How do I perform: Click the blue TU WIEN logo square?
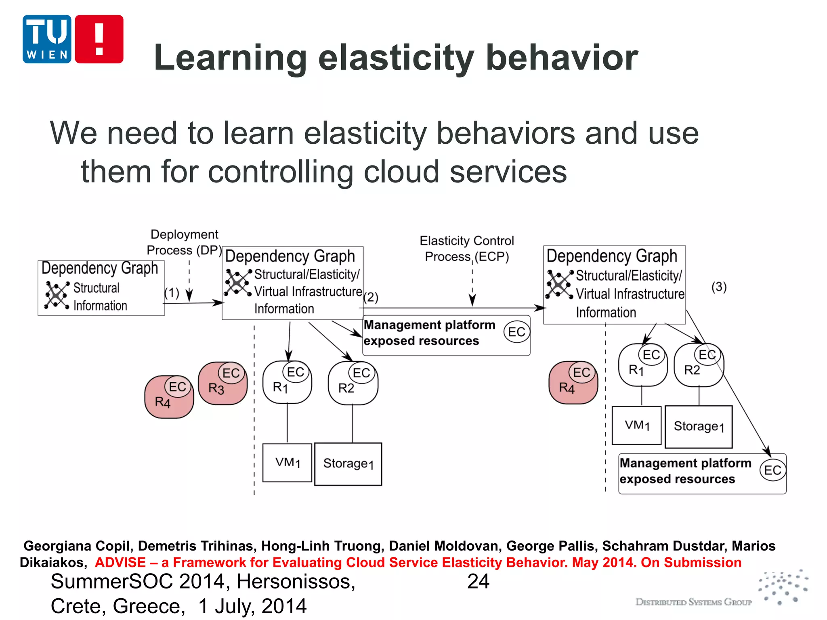click(47, 39)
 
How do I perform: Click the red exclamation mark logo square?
click(99, 39)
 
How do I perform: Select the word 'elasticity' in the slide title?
click(396, 58)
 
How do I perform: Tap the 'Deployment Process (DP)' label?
click(184, 242)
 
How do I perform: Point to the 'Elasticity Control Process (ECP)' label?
click(467, 248)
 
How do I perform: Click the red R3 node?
click(222, 383)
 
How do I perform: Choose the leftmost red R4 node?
click(169, 397)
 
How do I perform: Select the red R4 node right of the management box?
click(573, 383)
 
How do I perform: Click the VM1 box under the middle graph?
click(287, 463)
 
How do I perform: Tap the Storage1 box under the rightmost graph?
click(699, 427)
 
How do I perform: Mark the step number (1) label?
click(172, 293)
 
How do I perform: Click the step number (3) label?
click(719, 287)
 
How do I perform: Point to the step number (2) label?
click(371, 297)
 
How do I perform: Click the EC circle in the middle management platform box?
click(516, 332)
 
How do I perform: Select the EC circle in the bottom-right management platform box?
click(772, 470)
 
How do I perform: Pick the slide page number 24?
click(478, 582)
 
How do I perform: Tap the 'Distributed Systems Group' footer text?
click(693, 602)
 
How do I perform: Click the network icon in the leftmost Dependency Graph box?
click(57, 295)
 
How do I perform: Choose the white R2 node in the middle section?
click(353, 383)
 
